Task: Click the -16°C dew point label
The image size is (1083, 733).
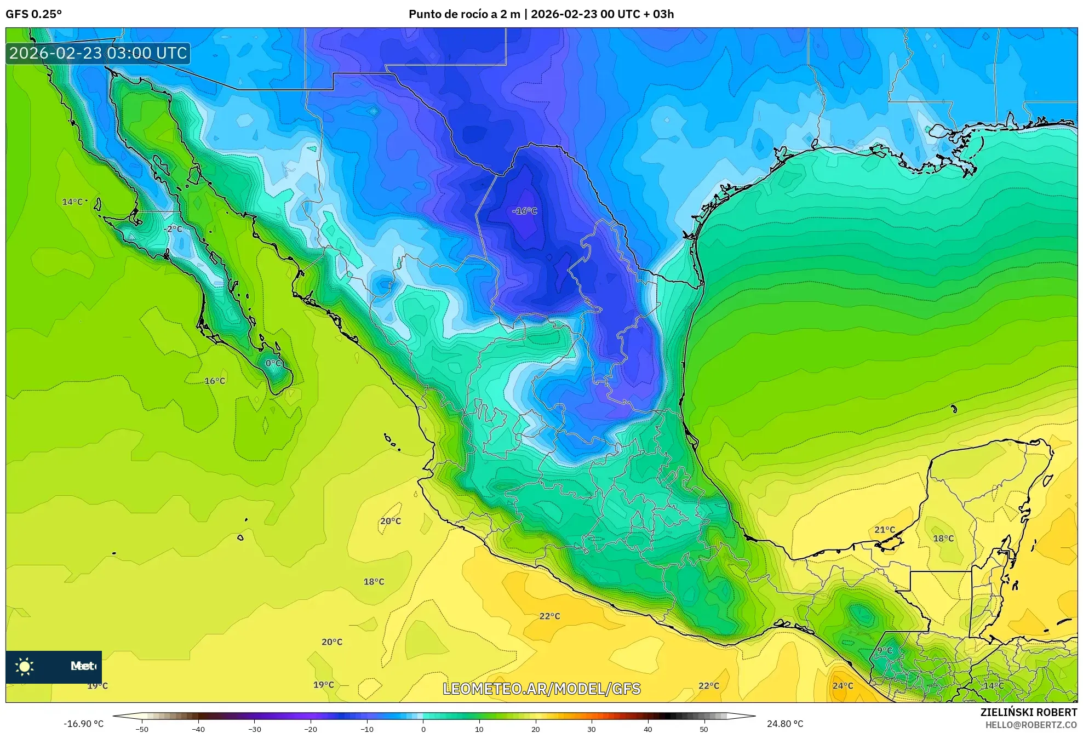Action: (x=525, y=211)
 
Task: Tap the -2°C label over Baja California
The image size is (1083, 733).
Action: (x=173, y=229)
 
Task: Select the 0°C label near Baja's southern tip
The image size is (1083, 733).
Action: (x=274, y=363)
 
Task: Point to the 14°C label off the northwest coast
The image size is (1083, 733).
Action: (x=72, y=202)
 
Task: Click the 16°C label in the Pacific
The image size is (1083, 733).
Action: (x=215, y=381)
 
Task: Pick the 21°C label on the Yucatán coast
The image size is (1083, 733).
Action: (x=884, y=530)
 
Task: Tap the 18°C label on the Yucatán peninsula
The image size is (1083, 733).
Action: (x=943, y=539)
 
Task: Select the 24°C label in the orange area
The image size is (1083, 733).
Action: (x=843, y=686)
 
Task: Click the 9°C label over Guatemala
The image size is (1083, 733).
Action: (x=885, y=650)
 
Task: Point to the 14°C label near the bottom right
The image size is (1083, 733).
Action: (x=993, y=686)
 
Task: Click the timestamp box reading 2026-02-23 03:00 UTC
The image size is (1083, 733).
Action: (x=99, y=53)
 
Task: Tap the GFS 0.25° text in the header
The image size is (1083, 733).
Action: (x=33, y=14)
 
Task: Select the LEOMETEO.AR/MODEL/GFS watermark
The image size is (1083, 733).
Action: (x=541, y=689)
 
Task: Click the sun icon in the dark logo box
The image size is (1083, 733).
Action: (x=25, y=667)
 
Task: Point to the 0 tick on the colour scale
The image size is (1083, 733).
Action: (x=423, y=729)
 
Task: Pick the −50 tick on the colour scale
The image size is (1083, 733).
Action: (x=142, y=729)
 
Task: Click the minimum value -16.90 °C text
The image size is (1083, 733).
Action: (x=83, y=724)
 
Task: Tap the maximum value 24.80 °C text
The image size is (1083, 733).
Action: (x=785, y=724)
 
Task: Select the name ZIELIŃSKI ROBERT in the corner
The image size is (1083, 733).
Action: (x=1028, y=712)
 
